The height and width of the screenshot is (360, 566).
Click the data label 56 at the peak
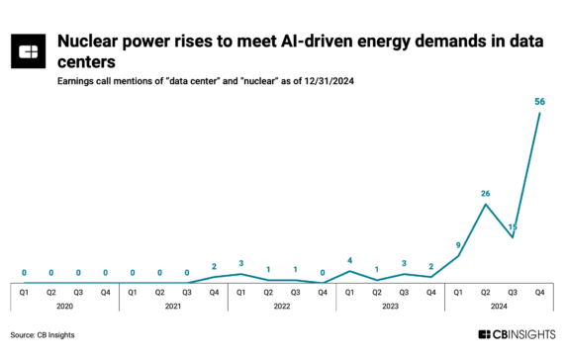pos(539,101)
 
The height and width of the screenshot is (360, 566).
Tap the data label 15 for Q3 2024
pos(513,226)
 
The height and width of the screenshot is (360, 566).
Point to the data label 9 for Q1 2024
pos(458,244)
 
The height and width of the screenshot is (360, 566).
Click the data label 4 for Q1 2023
pos(349,260)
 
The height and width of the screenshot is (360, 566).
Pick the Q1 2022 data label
pos(240,263)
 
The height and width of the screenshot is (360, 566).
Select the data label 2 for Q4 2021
pos(214,266)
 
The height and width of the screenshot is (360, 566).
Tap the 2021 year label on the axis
pos(172,306)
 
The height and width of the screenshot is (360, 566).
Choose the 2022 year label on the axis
pos(281,306)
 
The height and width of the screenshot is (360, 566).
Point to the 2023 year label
pos(390,306)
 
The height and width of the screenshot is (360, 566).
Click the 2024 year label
pos(499,306)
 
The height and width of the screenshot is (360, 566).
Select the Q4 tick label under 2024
pos(539,292)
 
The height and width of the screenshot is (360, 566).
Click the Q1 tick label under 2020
pos(24,292)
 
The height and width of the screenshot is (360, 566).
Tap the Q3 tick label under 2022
pos(295,292)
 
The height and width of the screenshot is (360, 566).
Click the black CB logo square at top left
pos(30,52)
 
